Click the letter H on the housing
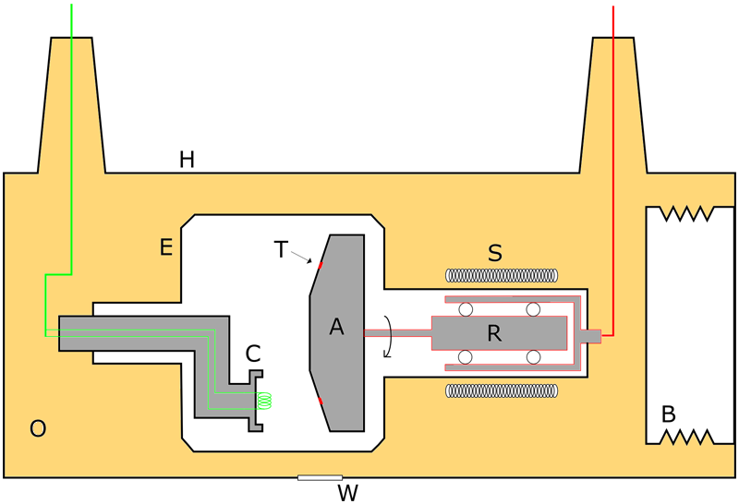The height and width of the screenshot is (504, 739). pyautogui.click(x=187, y=160)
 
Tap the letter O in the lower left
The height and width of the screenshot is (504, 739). pyautogui.click(x=38, y=428)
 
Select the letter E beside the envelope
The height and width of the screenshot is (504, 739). pyautogui.click(x=166, y=246)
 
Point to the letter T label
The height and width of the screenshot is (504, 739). pyautogui.click(x=281, y=249)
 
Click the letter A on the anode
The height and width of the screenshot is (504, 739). pyautogui.click(x=336, y=327)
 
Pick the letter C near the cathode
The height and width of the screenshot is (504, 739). pyautogui.click(x=254, y=353)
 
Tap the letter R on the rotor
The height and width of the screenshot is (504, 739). pyautogui.click(x=494, y=334)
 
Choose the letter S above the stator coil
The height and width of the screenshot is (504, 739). pyautogui.click(x=494, y=253)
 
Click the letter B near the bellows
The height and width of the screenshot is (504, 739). pyautogui.click(x=669, y=414)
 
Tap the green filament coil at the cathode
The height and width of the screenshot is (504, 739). pyautogui.click(x=265, y=401)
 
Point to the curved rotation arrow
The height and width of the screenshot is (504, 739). pyautogui.click(x=391, y=334)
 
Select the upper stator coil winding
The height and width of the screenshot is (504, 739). pyautogui.click(x=503, y=274)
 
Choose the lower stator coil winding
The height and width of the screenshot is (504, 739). pyautogui.click(x=503, y=390)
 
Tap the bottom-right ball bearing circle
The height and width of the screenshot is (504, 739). pyautogui.click(x=533, y=356)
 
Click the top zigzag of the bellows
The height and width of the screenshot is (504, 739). pyautogui.click(x=680, y=214)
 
